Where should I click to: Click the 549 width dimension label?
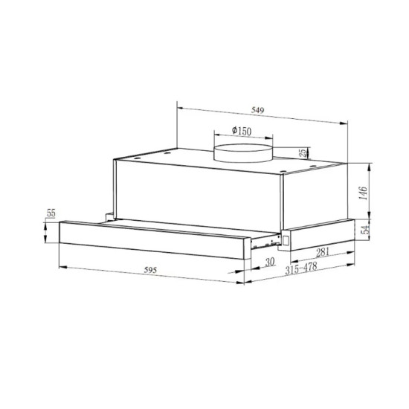257,111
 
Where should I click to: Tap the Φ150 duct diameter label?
242,131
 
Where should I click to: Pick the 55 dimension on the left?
51,213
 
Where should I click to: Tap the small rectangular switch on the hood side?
285,240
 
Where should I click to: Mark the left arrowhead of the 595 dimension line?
61,265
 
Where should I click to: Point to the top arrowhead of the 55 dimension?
46,221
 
